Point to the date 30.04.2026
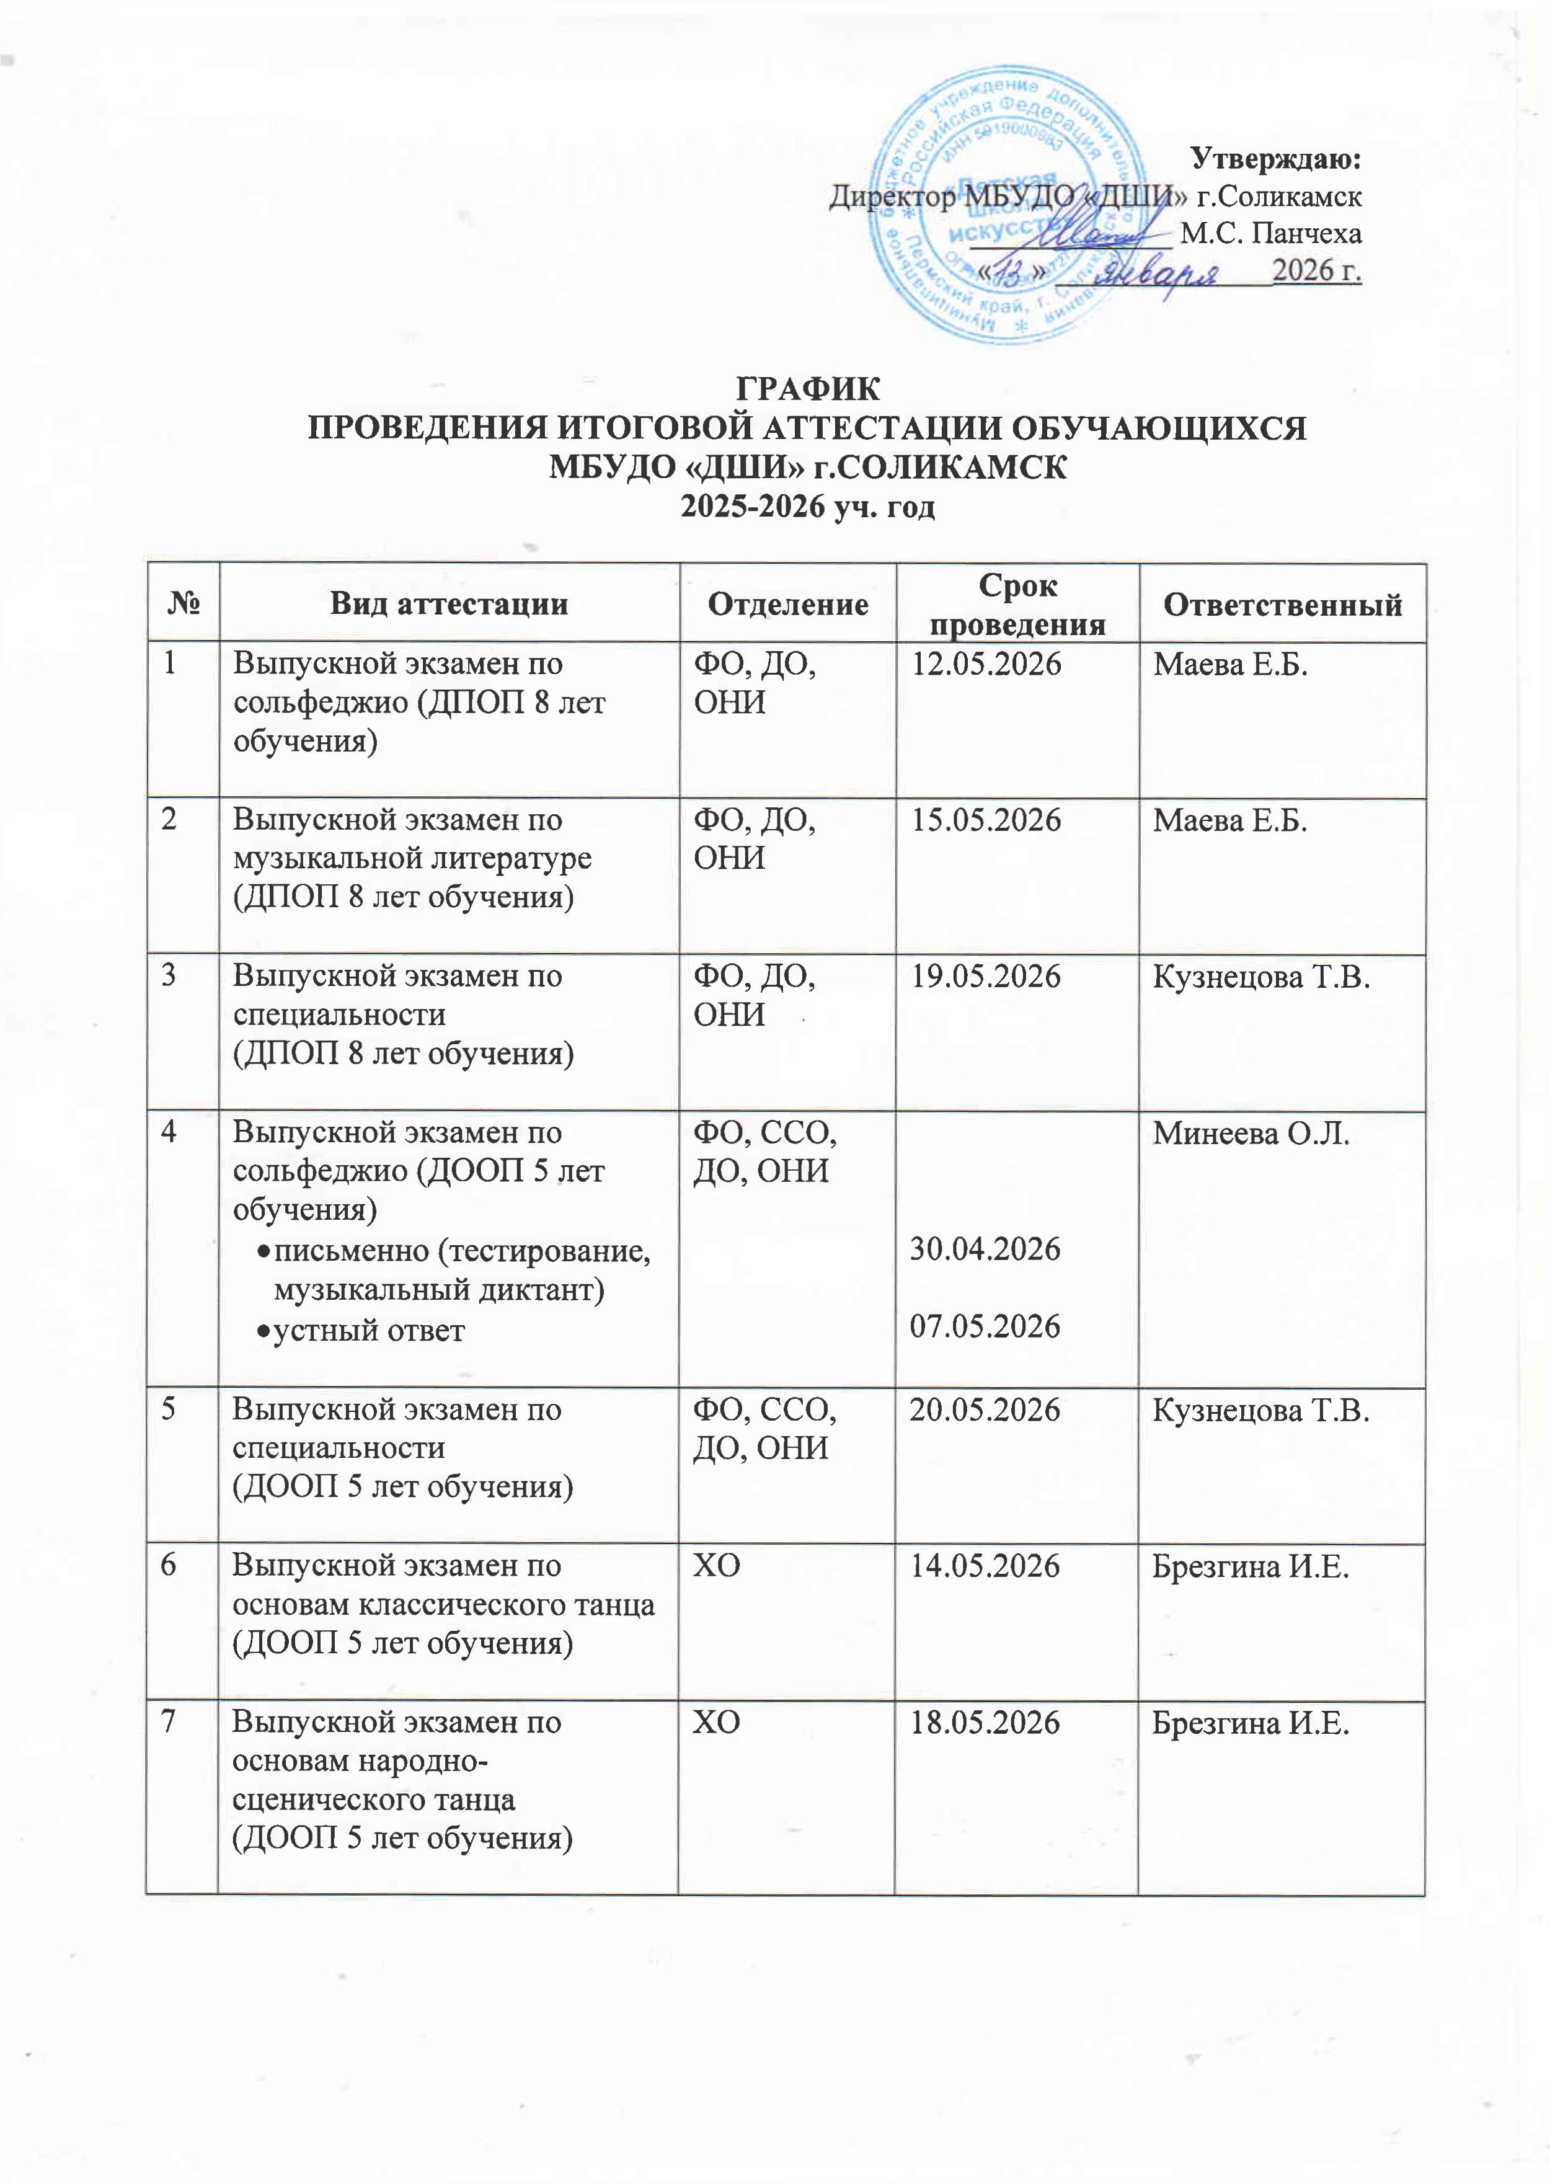(985, 1248)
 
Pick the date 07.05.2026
(985, 1326)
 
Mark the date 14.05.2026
(985, 1566)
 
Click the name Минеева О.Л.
(1251, 1133)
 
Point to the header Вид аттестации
(449, 604)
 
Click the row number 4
(168, 1133)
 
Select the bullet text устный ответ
(368, 1329)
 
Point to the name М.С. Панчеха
(1270, 234)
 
